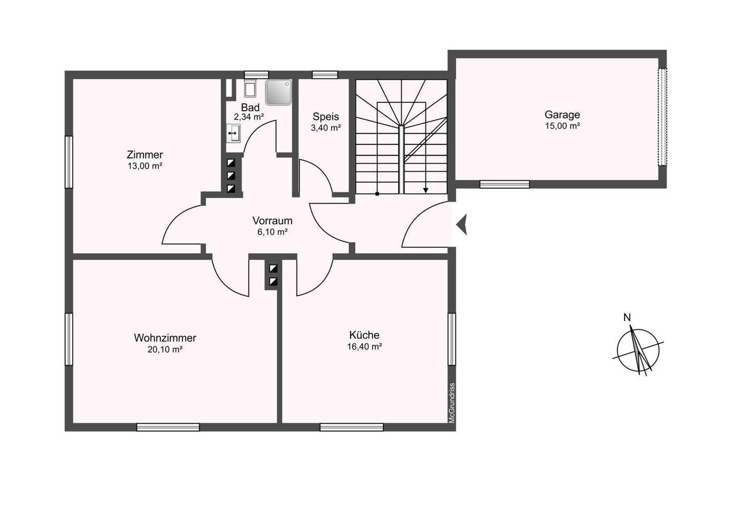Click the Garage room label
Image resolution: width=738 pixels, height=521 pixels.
(x=562, y=115)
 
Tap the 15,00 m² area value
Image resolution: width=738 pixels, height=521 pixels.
(x=562, y=126)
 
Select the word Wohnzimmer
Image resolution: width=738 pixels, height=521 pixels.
(x=165, y=338)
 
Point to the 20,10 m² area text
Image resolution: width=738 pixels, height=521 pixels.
(x=165, y=349)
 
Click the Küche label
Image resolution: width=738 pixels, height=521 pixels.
(x=364, y=335)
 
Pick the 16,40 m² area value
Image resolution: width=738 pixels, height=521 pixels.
(x=364, y=346)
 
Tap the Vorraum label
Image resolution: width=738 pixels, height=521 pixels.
(x=273, y=220)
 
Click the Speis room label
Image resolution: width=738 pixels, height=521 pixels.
(x=326, y=117)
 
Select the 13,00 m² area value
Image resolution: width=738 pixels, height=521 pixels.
(x=145, y=166)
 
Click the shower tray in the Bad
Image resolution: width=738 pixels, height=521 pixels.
(x=279, y=92)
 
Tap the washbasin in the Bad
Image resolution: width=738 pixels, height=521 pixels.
(x=234, y=133)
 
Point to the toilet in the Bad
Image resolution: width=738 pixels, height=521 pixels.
(x=251, y=88)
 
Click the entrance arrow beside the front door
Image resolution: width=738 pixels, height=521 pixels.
(x=462, y=224)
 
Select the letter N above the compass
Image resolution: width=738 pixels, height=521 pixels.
(x=627, y=318)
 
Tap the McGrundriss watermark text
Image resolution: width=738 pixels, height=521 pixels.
(x=452, y=403)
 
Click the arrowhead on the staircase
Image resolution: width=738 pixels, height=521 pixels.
(x=426, y=191)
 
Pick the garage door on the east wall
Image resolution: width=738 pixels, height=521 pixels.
(x=662, y=117)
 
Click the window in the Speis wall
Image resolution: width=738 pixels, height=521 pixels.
(x=325, y=75)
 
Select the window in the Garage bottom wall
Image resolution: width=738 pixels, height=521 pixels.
(x=504, y=184)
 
